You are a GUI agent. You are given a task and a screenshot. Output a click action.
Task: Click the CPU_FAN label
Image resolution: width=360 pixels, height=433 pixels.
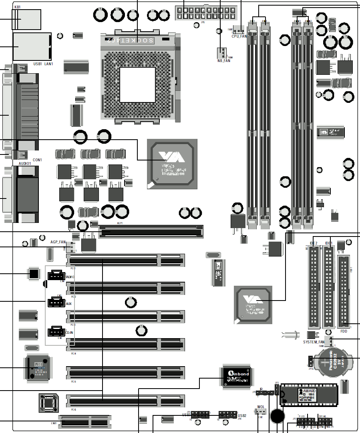[239, 36]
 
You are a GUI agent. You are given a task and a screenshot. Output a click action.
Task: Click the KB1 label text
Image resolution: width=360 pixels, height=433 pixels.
[18, 7]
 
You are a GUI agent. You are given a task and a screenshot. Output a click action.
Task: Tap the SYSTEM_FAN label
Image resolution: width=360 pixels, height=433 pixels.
[314, 342]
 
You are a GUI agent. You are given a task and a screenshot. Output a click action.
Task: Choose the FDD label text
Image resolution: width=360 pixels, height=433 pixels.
[344, 331]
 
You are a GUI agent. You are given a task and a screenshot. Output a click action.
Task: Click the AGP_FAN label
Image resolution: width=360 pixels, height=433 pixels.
[58, 242]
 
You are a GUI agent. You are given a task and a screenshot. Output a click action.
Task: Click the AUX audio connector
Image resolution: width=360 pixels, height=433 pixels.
[56, 303]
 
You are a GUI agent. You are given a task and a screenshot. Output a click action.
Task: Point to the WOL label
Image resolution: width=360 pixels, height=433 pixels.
[261, 407]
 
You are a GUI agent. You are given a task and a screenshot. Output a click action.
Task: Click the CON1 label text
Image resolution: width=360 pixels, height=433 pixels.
[37, 160]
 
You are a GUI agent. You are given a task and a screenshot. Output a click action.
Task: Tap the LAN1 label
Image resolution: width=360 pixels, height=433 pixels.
[48, 64]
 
